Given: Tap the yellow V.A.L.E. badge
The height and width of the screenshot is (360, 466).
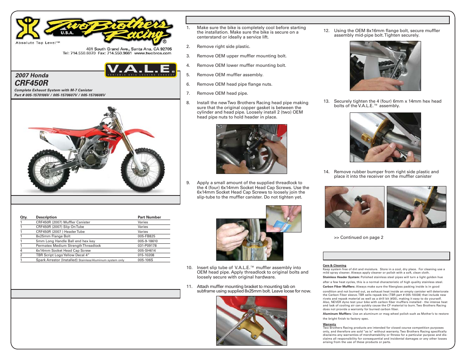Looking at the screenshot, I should point(140,70).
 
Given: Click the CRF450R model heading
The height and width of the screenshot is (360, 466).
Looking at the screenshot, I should point(32,83).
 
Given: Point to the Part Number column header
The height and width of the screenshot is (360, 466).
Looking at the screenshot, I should point(149,217).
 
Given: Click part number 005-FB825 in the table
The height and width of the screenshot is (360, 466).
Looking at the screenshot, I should point(146,236).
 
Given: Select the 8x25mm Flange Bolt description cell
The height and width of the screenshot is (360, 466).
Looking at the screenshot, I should point(53,236).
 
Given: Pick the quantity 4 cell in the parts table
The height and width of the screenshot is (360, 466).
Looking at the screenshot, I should point(21,251).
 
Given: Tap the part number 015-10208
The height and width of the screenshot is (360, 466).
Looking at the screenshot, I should point(146,255).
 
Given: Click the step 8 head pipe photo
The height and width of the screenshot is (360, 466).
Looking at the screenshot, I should point(251,149).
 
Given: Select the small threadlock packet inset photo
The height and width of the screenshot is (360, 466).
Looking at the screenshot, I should point(283,219).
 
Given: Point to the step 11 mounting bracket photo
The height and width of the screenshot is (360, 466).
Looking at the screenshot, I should point(251,321).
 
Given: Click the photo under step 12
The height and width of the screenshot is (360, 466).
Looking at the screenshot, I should point(385,66).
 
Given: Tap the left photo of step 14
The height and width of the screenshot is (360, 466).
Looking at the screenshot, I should point(354,207).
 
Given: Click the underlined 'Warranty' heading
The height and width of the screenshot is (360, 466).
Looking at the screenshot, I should point(329,324).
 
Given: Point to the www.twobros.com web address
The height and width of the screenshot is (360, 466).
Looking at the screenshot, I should point(153,53).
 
